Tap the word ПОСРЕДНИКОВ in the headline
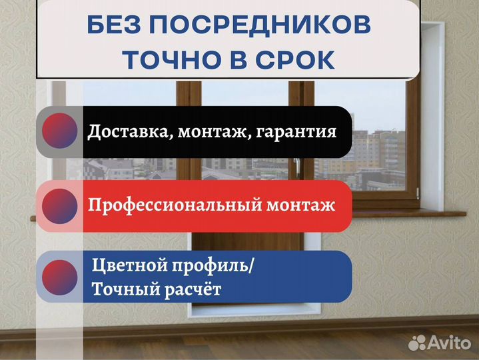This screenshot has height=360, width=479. [x=270, y=26]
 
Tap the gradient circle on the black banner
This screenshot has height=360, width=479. [x=61, y=132]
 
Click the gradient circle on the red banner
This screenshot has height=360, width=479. [x=61, y=205]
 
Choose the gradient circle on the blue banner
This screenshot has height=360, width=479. [x=61, y=276]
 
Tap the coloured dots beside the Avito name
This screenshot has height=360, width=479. [x=417, y=343]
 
